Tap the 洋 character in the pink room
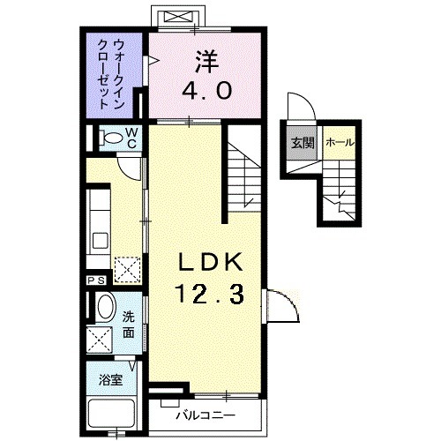pyautogui.click(x=205, y=61)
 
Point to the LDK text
pyautogui.click(x=210, y=263)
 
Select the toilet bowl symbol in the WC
pyautogui.click(x=111, y=138)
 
